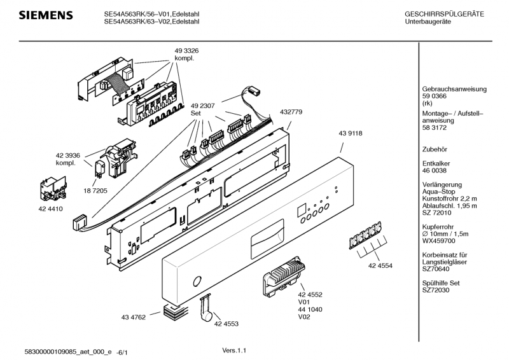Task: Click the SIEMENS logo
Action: point(46,15)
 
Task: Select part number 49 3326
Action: point(186,51)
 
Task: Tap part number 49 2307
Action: point(202,106)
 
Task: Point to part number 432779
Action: point(291,112)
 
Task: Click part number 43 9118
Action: point(351,134)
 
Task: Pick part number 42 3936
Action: point(68,155)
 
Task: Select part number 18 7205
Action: point(95,191)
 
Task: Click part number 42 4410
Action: point(51,209)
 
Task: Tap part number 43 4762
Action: point(134,317)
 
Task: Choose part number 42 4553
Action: point(227,324)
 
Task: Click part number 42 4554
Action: point(380,266)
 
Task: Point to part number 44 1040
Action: point(310,310)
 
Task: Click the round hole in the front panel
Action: point(197,281)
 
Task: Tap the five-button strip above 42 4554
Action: point(365,235)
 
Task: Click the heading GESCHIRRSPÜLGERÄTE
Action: point(444,14)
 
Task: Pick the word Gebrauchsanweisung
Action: point(454,89)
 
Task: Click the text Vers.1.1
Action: point(234,350)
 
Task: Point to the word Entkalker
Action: point(436,163)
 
